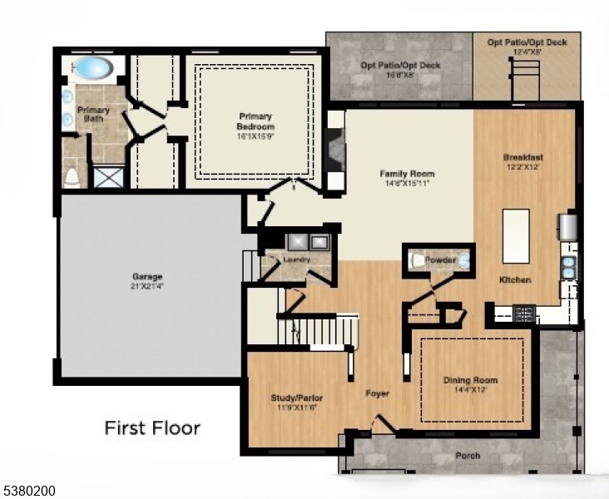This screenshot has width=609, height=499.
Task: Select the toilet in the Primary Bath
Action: [x=72, y=175]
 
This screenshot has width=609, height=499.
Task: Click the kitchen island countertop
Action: [x=516, y=235]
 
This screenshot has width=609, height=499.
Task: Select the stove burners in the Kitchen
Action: [x=523, y=314]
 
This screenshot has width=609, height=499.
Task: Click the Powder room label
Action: [x=440, y=260]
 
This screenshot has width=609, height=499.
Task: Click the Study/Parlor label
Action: [x=297, y=403]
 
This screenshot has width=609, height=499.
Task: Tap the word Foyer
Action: [x=378, y=393]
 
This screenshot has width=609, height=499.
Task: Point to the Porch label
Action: [x=467, y=456]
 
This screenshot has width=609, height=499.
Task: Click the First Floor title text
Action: [x=151, y=428]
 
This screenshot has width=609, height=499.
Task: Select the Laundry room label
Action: [x=296, y=259]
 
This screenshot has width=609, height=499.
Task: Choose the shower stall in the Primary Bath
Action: [x=106, y=176]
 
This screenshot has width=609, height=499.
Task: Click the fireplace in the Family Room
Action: [x=335, y=153]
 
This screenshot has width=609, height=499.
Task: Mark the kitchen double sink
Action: [x=568, y=266]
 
